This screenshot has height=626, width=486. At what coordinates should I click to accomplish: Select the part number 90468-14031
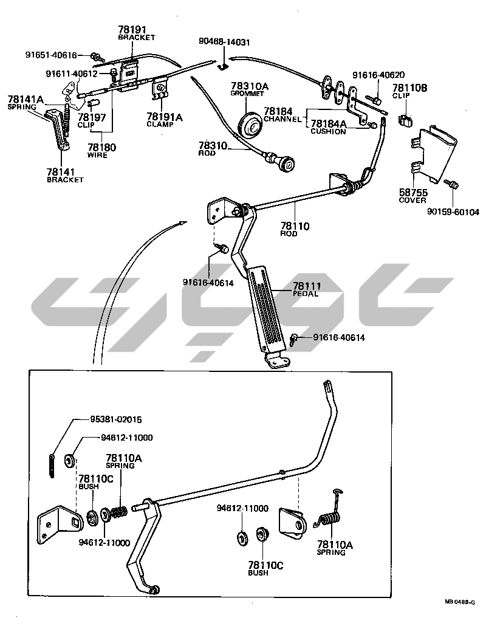[x=224, y=42]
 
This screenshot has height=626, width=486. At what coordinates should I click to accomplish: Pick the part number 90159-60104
[x=453, y=212]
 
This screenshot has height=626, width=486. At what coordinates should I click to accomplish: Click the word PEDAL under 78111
[x=306, y=294]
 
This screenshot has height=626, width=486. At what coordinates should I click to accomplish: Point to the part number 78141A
[x=26, y=100]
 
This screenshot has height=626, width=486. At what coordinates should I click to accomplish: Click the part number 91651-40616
[x=52, y=55]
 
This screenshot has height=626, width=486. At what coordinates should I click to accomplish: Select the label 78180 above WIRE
[x=101, y=147]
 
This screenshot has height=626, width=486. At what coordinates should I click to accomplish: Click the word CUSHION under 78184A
[x=328, y=131]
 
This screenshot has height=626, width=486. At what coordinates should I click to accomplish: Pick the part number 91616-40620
[x=378, y=75]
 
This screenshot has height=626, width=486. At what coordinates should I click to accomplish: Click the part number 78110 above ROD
[x=294, y=226]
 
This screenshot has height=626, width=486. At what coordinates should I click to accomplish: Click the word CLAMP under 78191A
[x=160, y=124]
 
